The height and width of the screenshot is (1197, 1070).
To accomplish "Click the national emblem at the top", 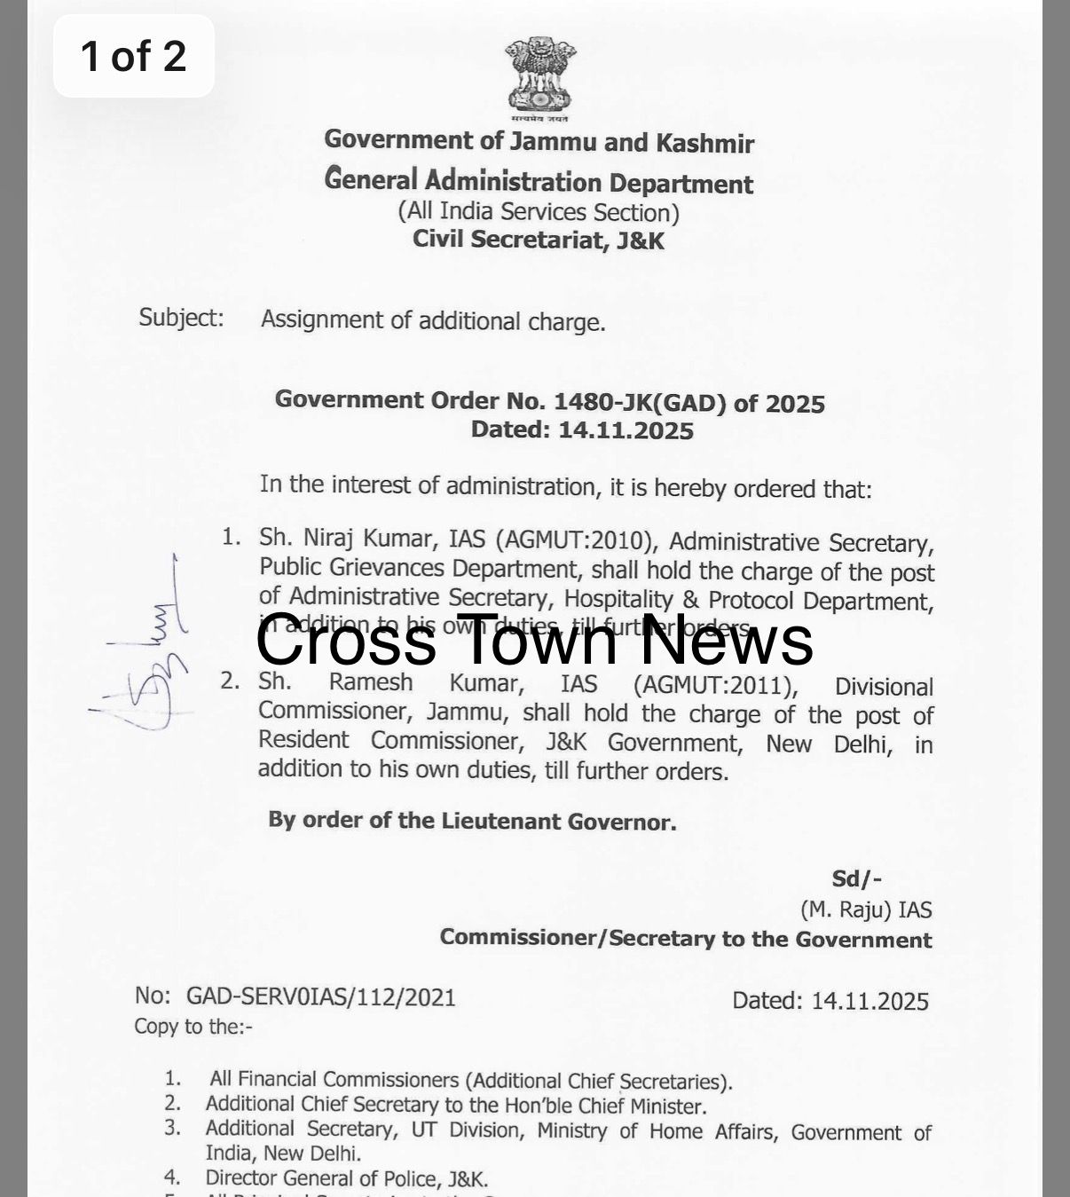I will click(x=539, y=78).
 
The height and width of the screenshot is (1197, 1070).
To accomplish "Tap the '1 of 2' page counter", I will click(x=133, y=56).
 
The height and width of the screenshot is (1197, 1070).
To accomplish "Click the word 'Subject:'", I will click(x=181, y=318).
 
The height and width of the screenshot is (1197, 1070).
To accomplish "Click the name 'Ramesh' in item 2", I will click(x=371, y=683).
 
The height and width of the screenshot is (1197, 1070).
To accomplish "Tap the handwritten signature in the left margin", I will click(x=146, y=657).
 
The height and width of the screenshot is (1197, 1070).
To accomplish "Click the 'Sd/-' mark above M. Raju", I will click(x=856, y=878).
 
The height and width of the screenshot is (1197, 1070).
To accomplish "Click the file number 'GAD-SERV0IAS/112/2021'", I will click(x=320, y=997).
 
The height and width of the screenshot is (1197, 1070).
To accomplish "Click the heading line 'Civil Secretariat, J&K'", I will click(x=538, y=240).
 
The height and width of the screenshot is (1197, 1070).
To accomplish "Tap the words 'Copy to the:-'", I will click(x=193, y=1027).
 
